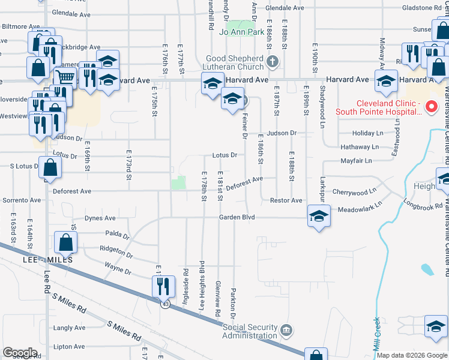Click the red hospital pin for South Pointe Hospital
[431, 107]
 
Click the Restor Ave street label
[286, 200]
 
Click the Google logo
[20, 353]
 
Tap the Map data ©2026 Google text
[412, 355]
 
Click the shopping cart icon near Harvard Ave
[66, 77]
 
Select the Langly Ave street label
[70, 328]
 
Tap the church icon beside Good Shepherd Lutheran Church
[273, 61]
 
